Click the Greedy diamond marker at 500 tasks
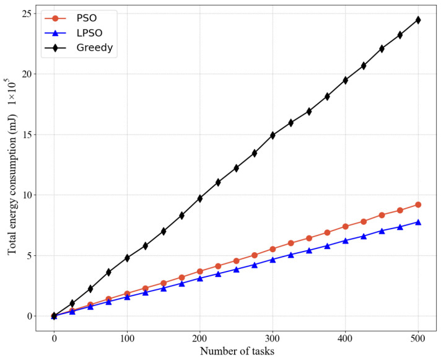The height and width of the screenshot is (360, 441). (x=418, y=20)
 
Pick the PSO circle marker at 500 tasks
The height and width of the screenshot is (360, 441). (x=418, y=204)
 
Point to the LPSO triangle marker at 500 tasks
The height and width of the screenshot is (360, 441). (x=418, y=222)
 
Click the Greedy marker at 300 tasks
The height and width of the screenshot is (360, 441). (x=273, y=135)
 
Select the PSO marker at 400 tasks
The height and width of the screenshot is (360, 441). (x=346, y=226)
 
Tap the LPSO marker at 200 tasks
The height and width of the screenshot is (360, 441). (x=199, y=278)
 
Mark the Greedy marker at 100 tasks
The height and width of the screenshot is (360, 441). (x=127, y=258)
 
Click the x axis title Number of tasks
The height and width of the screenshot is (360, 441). (x=236, y=351)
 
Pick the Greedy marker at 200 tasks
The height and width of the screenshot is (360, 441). (x=199, y=198)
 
